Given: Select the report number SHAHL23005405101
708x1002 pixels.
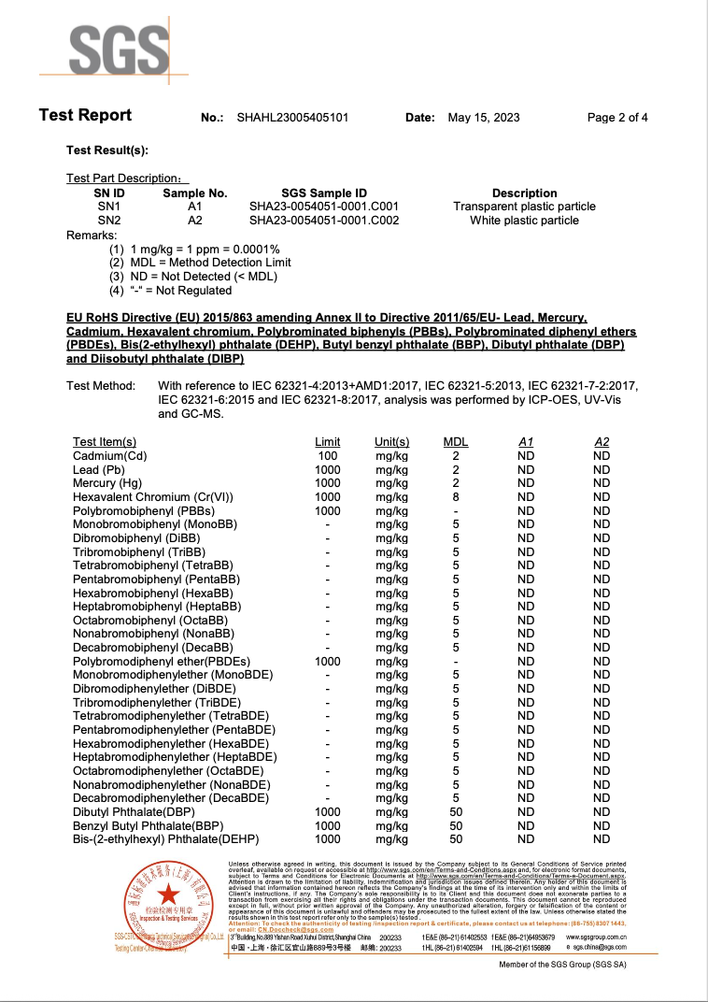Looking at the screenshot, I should (x=292, y=118).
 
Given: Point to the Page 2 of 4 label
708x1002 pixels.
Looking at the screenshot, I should (x=617, y=118).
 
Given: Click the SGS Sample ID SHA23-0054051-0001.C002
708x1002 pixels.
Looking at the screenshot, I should (x=324, y=221).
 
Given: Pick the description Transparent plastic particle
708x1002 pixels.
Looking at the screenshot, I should (x=524, y=207).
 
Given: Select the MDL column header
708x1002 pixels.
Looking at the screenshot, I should (x=456, y=442).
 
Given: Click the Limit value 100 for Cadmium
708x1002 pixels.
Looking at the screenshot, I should (x=328, y=456).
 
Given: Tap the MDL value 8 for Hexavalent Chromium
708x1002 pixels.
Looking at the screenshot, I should (x=456, y=497).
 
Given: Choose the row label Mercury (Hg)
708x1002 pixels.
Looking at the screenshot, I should (x=107, y=483).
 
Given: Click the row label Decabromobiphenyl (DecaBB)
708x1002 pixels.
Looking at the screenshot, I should (x=152, y=648).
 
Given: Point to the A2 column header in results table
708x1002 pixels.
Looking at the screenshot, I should (x=602, y=442).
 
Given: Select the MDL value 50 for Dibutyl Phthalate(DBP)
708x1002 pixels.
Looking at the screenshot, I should (x=456, y=812).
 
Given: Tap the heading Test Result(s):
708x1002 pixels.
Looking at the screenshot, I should (x=107, y=150).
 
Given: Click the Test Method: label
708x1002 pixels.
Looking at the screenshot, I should (x=101, y=386).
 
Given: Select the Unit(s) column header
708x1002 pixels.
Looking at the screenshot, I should (x=392, y=442).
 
